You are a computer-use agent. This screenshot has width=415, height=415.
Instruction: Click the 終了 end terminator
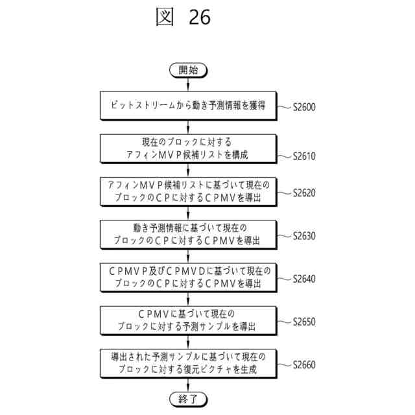coord(188,397)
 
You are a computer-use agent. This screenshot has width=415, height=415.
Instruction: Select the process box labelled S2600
coord(188,106)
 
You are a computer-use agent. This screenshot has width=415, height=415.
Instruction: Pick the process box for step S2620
coord(188,191)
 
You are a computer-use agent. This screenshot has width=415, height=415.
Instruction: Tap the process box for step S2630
coord(188,234)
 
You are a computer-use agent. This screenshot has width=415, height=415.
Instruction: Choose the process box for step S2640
coord(188,277)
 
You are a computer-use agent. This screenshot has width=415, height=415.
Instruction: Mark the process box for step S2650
coord(188,320)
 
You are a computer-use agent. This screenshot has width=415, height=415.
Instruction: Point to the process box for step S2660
coord(188,362)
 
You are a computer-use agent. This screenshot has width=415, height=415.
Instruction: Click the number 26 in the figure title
coord(199,18)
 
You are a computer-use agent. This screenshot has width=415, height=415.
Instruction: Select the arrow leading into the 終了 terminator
coord(188,385)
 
